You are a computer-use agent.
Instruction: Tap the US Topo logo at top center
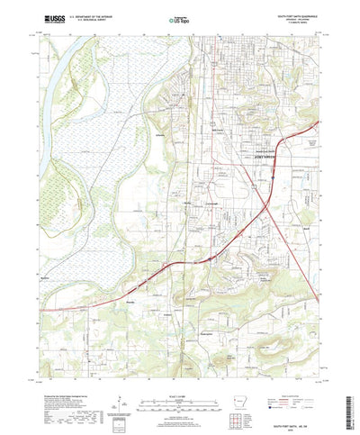pos(180,18)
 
